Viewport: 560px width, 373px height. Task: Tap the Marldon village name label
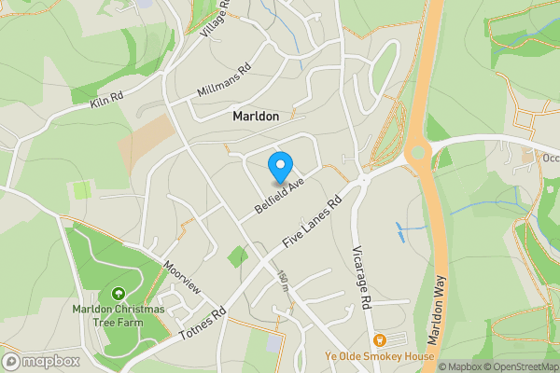click(x=255, y=118)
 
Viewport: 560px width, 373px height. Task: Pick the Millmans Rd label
click(x=224, y=82)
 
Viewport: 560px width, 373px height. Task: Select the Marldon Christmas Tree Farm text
click(x=119, y=315)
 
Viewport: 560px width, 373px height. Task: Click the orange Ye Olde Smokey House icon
click(x=380, y=340)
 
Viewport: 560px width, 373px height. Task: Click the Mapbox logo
click(x=41, y=361)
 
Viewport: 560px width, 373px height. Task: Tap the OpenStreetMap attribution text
click(x=519, y=366)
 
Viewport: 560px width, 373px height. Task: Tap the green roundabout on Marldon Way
click(x=417, y=151)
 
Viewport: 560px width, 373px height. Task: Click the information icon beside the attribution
click(x=431, y=366)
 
